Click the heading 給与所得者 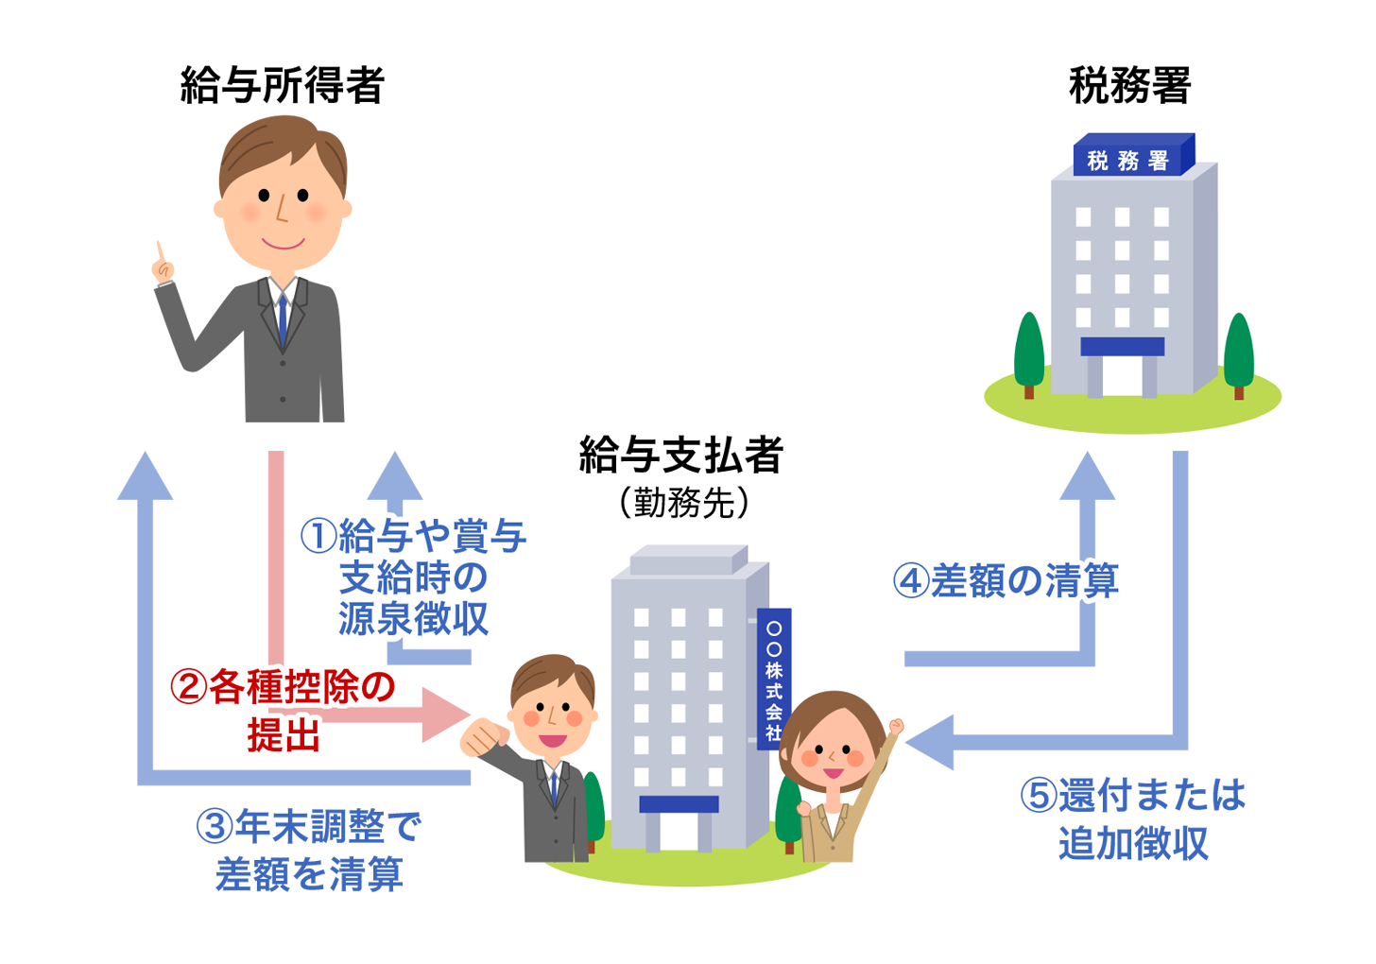(282, 85)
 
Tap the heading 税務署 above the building (1128, 85)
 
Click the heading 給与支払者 (680, 456)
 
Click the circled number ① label (318, 536)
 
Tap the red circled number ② (188, 687)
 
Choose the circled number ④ (911, 580)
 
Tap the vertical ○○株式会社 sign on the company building (774, 679)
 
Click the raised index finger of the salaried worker (162, 254)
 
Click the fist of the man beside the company (483, 736)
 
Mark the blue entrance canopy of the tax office (1122, 347)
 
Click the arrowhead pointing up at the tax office (1087, 477)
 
